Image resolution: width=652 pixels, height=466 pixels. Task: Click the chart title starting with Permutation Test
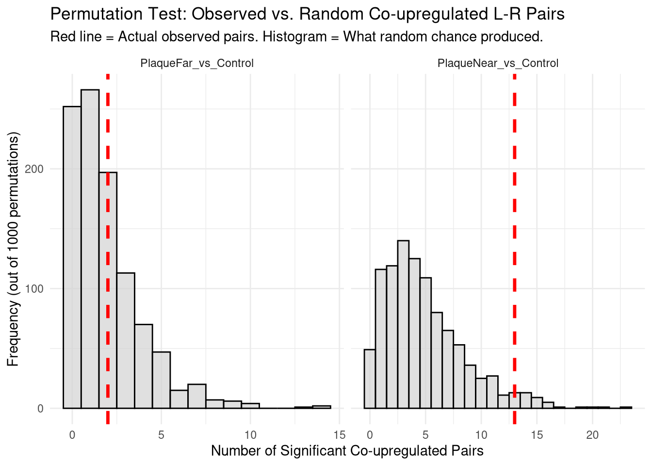point(307,14)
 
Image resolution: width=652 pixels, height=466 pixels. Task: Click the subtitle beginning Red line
point(296,37)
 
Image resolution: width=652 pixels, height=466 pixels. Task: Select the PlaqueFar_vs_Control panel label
point(196,64)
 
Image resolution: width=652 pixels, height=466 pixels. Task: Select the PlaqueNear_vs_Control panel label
point(498,64)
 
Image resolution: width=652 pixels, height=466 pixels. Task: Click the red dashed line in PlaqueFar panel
point(108,243)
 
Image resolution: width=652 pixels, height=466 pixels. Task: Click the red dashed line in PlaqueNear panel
point(514,243)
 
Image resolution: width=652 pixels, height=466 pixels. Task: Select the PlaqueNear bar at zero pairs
point(370,379)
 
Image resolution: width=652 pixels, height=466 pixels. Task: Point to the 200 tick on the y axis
point(37,169)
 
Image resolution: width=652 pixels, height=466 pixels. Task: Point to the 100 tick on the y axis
point(37,289)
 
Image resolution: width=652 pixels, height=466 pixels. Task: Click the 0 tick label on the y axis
point(40,409)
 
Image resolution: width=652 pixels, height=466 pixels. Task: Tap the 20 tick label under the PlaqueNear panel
point(592,435)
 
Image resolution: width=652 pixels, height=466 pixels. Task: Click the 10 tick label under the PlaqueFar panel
point(250,435)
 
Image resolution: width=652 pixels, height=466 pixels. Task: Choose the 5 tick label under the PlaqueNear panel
point(425,435)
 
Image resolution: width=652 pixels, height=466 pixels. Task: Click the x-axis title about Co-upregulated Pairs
point(347,451)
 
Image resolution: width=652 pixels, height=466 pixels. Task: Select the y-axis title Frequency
point(13,249)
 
